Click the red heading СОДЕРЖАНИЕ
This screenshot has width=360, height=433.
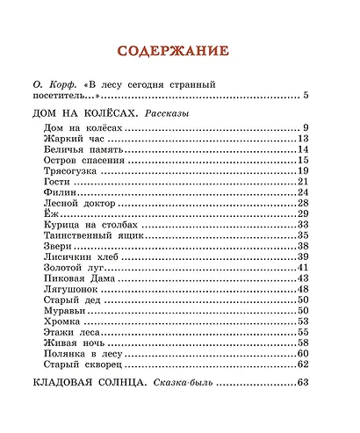[x=179, y=50]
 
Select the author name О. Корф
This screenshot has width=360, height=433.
[x=58, y=84]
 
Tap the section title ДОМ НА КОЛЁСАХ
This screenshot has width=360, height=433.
[x=83, y=113]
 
